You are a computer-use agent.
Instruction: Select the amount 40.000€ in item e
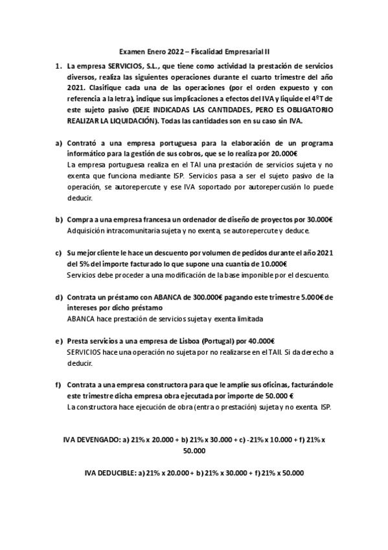[261, 341]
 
